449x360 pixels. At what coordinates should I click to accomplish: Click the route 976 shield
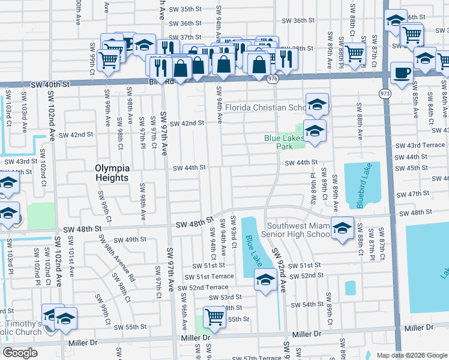tap(274, 78)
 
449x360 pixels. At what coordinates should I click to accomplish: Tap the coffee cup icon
tap(402, 73)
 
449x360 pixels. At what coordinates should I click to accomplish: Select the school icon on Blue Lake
tap(265, 280)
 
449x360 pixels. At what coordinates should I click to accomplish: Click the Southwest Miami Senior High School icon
tap(342, 229)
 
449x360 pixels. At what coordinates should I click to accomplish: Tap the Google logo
tap(20, 353)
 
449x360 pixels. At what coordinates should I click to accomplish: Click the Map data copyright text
tap(412, 355)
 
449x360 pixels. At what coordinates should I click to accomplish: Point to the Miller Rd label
tap(420, 328)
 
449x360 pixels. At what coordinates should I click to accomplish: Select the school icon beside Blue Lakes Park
tap(314, 130)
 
